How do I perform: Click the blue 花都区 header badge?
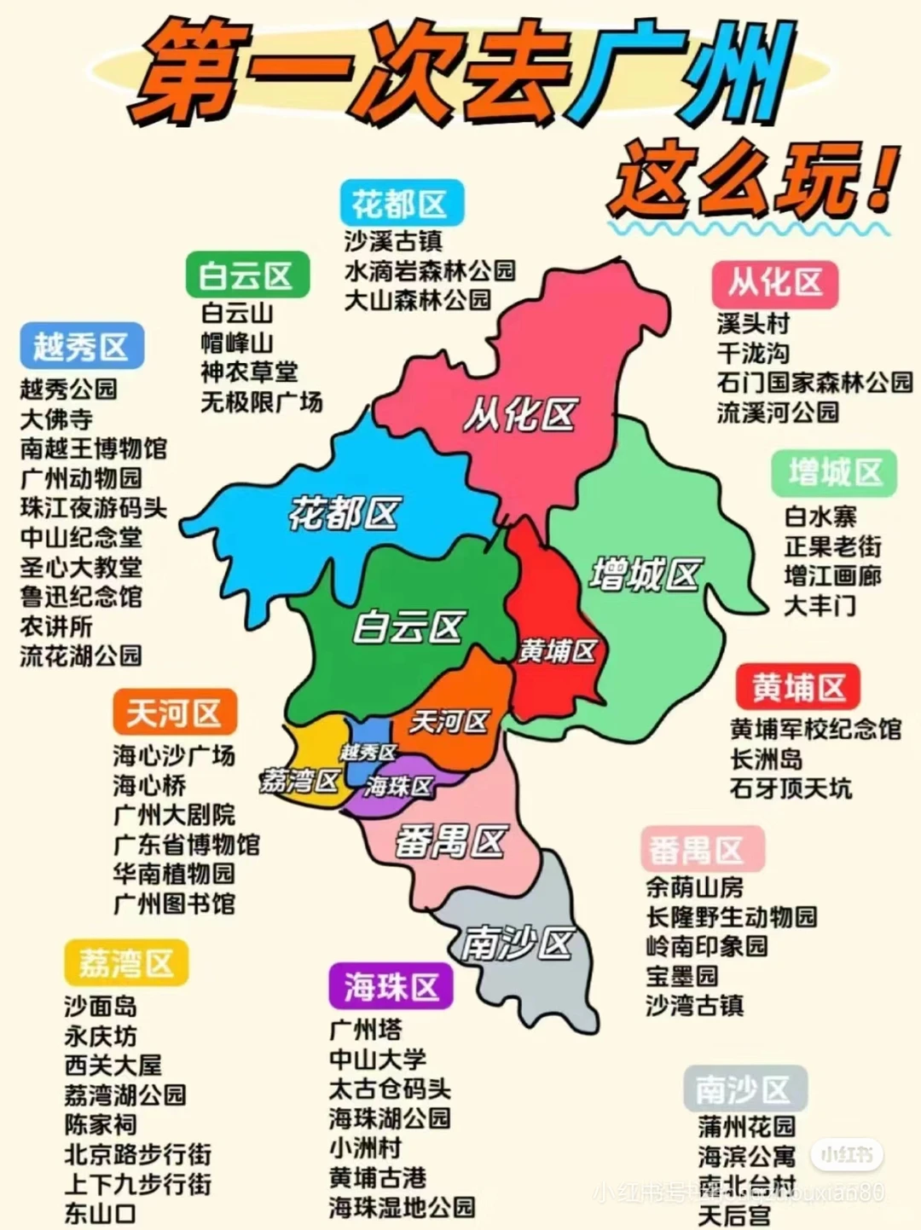point(400,204)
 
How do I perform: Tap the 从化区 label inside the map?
point(519,415)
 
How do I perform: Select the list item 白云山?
point(237,313)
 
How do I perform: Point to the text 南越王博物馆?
point(93,448)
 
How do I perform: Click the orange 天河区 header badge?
point(174,713)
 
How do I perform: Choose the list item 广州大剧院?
point(174,815)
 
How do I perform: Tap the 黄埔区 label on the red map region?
point(557,651)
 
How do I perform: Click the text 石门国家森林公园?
point(814,382)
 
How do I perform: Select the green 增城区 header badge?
point(834,472)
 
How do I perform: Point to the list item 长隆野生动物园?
point(731,916)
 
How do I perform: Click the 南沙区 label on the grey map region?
point(517,944)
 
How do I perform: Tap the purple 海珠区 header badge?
point(391,987)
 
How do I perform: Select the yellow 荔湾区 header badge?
point(126,963)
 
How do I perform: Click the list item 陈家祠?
point(101,1124)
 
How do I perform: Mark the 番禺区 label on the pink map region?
point(450,842)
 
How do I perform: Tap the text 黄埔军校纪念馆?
point(814,729)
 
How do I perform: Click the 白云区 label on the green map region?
point(408,627)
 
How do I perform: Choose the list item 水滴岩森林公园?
point(430,270)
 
